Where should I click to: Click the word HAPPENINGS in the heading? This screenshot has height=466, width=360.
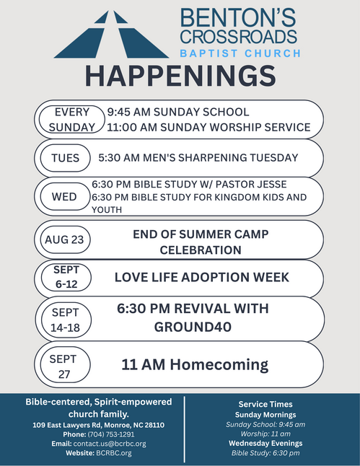coord(181,76)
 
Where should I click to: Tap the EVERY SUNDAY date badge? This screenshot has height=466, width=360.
coord(72,120)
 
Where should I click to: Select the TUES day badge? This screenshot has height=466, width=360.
coord(65,158)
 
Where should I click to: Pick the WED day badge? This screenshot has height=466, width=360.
coord(65,196)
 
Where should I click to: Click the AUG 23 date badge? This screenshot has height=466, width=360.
coord(65,239)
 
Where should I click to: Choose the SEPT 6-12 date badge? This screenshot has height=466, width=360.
coord(66,277)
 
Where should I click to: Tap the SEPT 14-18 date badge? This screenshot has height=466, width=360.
coord(66,320)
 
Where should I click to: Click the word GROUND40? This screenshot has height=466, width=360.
coord(193,327)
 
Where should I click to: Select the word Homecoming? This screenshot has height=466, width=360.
coord(219,365)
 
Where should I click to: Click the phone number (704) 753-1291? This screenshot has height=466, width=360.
coord(111,434)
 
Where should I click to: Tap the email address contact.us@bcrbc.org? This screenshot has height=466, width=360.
coord(110,444)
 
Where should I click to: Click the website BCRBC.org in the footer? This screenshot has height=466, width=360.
coord(114,453)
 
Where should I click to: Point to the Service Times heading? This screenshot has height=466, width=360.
coord(265,404)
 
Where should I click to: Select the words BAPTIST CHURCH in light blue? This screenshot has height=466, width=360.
coord(240,53)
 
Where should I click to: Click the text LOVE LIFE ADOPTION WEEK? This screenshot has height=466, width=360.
coord(202,277)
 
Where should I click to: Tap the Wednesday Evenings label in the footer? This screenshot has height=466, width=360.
coord(265,443)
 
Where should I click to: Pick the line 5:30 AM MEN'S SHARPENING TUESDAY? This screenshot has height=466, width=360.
coord(198,157)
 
